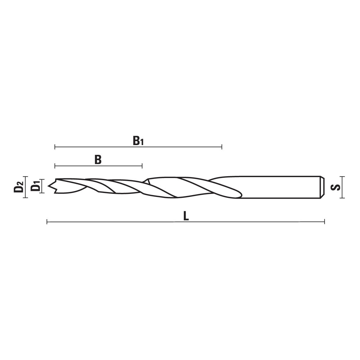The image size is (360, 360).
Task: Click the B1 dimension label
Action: point(138,141)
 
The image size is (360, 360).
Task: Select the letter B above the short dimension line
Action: point(98,160)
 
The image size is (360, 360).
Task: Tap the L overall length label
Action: point(186,216)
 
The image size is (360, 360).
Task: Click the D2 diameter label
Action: point(19,187)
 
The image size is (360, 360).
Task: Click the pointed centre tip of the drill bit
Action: point(48,186)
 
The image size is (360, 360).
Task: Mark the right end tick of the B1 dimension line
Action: point(222,147)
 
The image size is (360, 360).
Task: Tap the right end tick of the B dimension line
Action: point(142,166)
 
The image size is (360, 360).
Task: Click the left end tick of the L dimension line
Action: point(47,222)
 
